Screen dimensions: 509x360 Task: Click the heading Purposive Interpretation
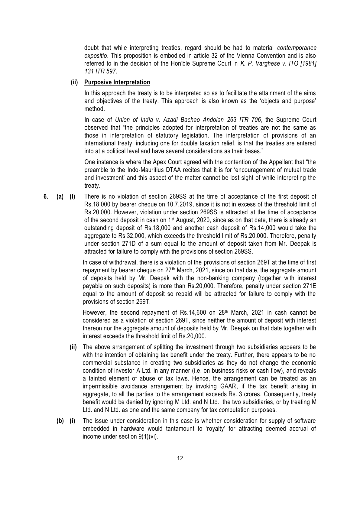click(117, 82)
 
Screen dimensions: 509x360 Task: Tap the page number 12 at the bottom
click(180, 458)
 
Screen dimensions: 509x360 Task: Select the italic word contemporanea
click(297, 48)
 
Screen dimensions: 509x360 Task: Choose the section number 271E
click(309, 286)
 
